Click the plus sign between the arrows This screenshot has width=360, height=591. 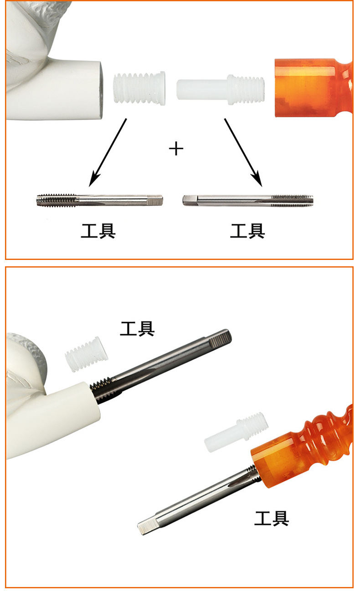(x=176, y=149)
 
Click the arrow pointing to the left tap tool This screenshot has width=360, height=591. (x=108, y=152)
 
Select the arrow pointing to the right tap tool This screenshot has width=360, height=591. (x=243, y=152)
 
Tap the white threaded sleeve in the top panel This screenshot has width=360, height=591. (x=139, y=88)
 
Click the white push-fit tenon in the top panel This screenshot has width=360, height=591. (x=221, y=90)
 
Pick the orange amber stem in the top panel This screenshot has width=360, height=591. (x=314, y=88)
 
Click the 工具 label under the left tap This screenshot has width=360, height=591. (x=98, y=231)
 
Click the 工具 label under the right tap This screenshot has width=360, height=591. (x=247, y=231)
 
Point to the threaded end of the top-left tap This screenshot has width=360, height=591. (x=57, y=201)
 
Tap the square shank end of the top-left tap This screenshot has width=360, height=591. (x=155, y=200)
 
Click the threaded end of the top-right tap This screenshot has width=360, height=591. (x=292, y=200)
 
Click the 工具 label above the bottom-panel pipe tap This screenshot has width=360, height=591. (x=137, y=328)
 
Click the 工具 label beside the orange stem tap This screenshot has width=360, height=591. (x=272, y=518)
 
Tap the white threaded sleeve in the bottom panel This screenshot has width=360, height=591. (x=87, y=354)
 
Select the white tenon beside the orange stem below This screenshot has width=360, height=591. (x=237, y=432)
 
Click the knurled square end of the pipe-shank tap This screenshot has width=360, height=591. (x=221, y=339)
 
